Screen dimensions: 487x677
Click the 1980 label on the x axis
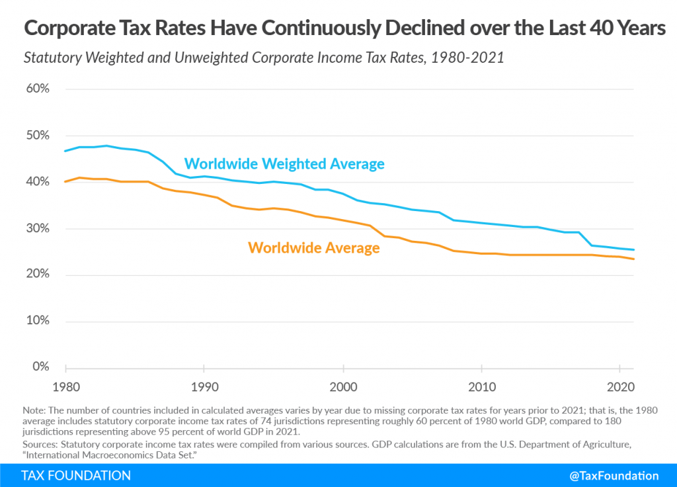coord(66,386)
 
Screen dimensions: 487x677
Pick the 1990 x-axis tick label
coord(204,386)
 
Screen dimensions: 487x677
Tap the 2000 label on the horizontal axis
coord(343,386)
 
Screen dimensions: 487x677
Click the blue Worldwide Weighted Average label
coord(284,163)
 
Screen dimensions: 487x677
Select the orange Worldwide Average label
coord(313,248)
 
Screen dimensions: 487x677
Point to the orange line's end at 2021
coord(634,259)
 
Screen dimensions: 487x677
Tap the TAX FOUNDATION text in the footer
coord(76,476)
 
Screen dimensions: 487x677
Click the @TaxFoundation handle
coord(614,476)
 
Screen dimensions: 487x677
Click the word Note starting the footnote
coord(32,410)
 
